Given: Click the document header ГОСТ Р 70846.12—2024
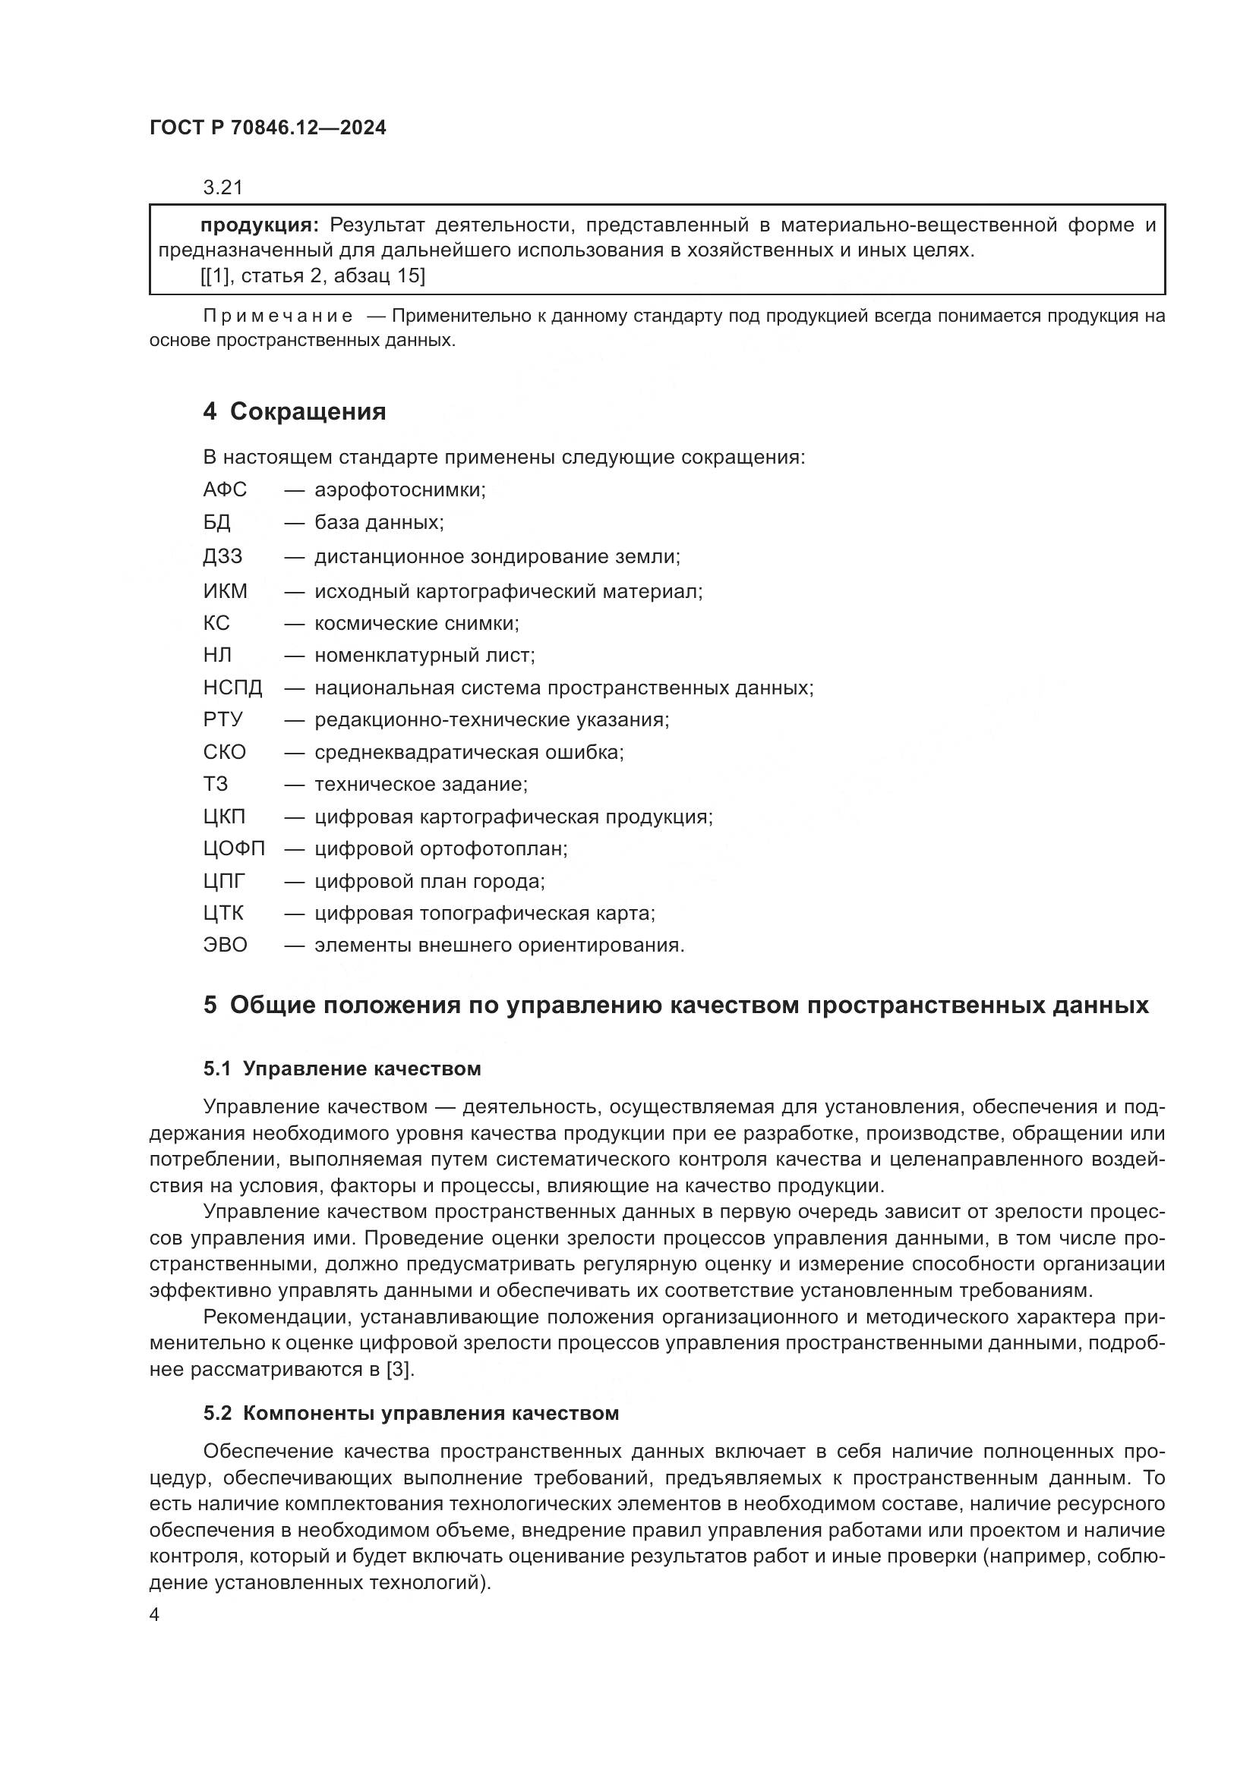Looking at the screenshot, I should click(x=267, y=127).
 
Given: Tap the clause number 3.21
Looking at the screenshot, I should click(x=222, y=187).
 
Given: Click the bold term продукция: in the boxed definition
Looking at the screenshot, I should click(x=259, y=225).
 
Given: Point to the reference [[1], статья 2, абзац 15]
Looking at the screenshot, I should click(x=313, y=276).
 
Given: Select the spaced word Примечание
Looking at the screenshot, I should click(x=278, y=316).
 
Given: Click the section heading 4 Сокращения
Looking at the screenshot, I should click(x=294, y=411).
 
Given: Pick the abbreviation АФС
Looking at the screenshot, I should click(x=225, y=490).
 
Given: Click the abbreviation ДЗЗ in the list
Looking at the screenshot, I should click(x=222, y=556).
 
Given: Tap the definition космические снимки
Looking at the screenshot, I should click(x=417, y=623).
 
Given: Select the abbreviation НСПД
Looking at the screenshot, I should click(x=233, y=688).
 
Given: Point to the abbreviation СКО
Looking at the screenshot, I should click(x=224, y=752).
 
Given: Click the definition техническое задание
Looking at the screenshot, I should click(x=421, y=785).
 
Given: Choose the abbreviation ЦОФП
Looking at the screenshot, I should click(x=234, y=849).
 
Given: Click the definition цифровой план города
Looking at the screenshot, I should click(x=429, y=881).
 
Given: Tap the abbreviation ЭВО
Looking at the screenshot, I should click(x=225, y=946).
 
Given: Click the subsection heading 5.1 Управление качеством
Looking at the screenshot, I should click(x=342, y=1069).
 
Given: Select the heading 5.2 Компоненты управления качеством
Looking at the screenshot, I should click(x=411, y=1414).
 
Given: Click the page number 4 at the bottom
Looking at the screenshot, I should click(x=155, y=1616).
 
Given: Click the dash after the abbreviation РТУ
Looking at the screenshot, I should click(x=294, y=720).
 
